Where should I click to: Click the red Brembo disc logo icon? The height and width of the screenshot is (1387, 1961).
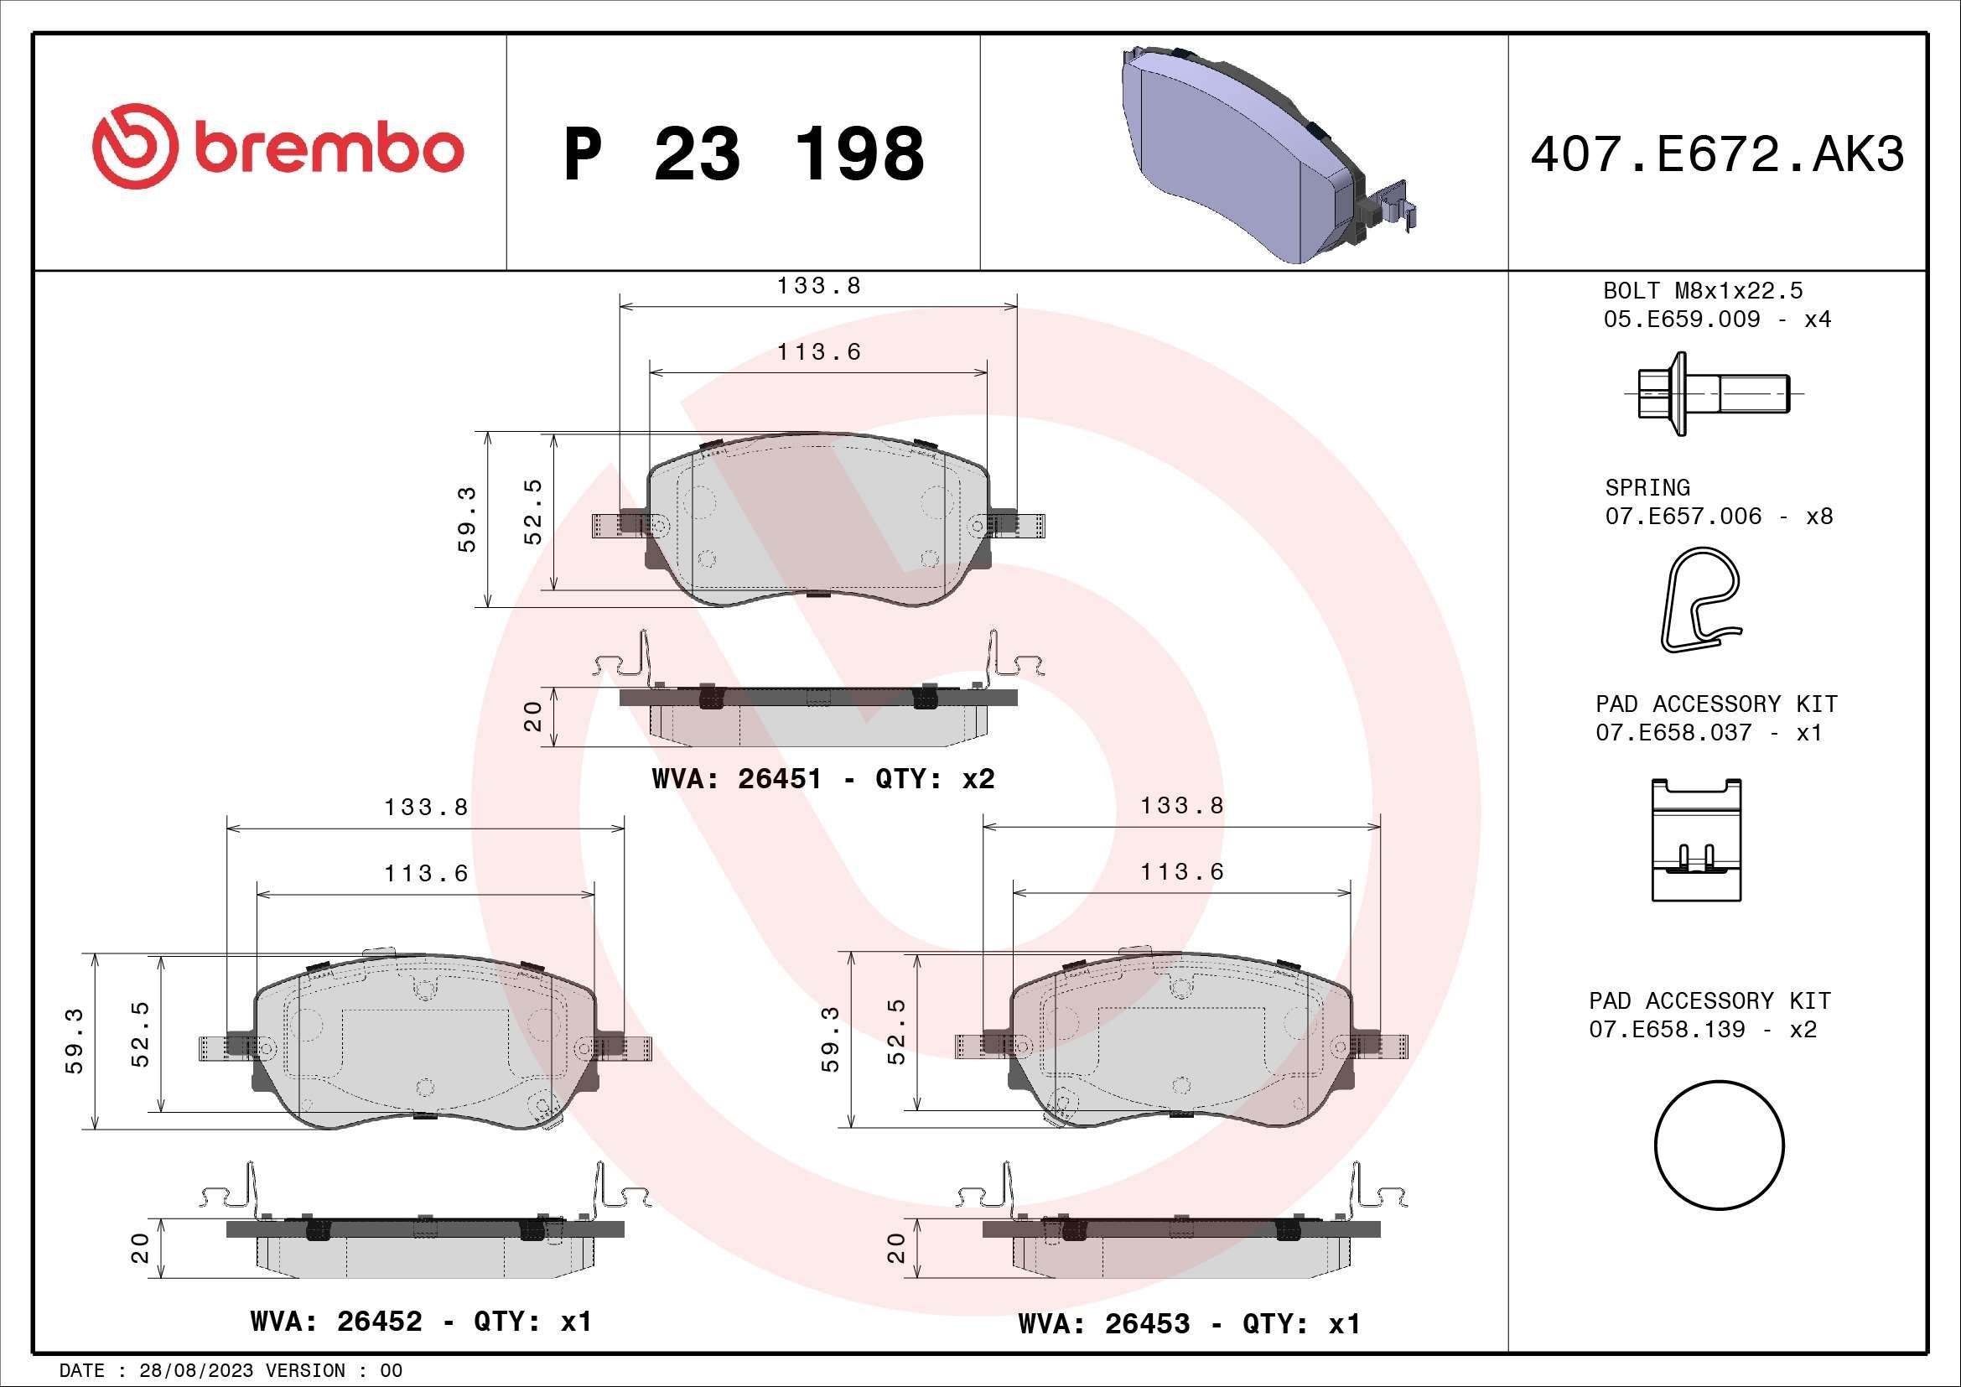click(135, 147)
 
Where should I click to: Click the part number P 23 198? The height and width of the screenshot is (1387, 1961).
click(744, 154)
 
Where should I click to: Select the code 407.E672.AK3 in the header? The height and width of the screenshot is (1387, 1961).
click(1717, 154)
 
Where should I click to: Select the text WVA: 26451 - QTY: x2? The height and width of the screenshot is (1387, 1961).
click(822, 779)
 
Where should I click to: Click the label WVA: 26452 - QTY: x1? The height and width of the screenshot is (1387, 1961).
click(421, 1322)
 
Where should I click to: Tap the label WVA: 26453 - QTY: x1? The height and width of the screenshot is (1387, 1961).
click(1189, 1324)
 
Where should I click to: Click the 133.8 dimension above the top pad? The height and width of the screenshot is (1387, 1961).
click(818, 286)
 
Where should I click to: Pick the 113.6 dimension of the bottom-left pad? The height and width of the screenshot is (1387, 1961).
click(425, 874)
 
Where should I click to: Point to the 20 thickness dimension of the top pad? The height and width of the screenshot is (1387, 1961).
click(533, 715)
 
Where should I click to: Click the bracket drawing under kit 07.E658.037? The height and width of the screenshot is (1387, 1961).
click(1696, 839)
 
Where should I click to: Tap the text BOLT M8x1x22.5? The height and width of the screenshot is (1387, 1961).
click(1702, 290)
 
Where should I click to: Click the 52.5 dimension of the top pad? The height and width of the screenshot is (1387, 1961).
click(533, 512)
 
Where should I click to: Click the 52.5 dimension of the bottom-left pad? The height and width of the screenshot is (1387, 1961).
click(141, 1034)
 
